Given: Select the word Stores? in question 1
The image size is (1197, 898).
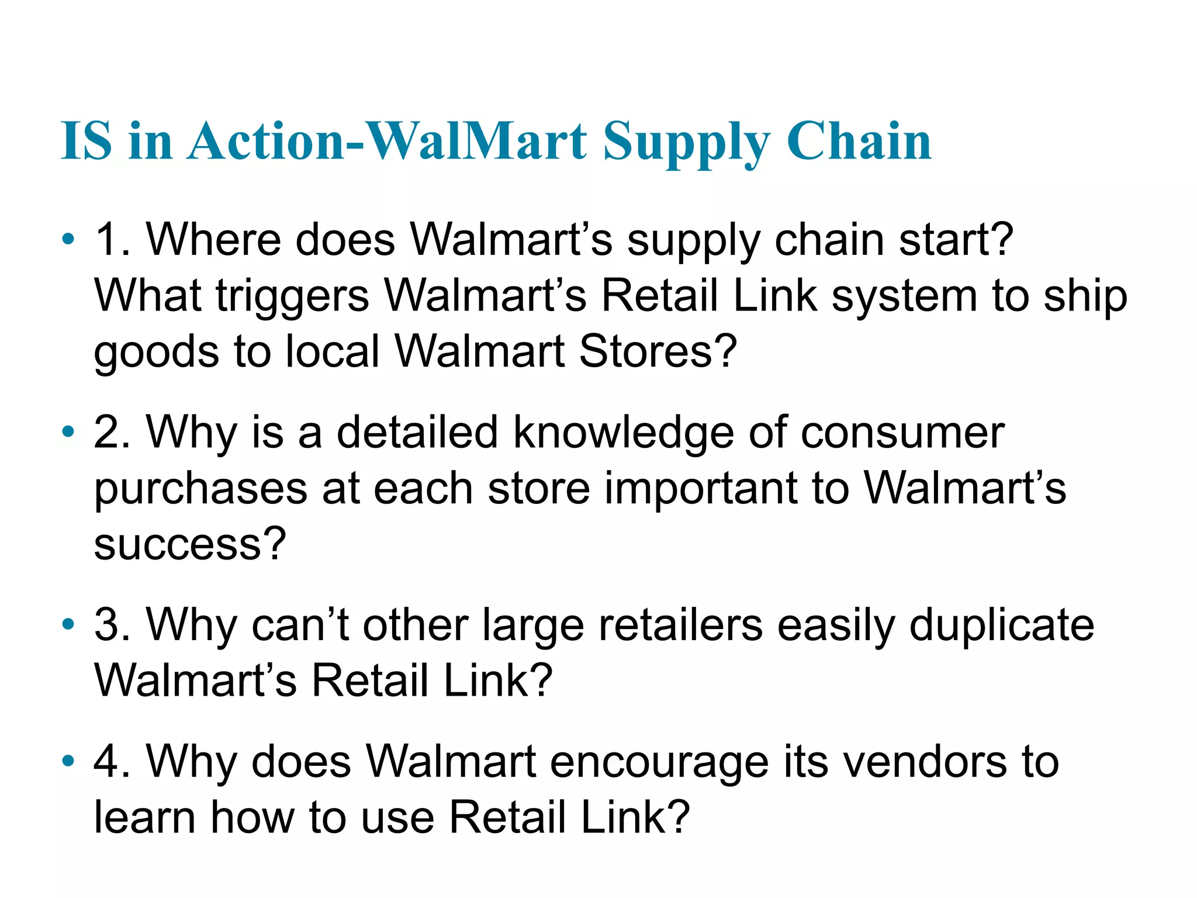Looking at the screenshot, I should click(x=658, y=351).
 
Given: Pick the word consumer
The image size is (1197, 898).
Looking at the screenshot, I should click(x=902, y=433).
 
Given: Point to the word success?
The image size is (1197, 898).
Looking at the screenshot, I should click(x=190, y=544).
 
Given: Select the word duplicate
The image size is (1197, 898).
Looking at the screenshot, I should click(x=1002, y=625).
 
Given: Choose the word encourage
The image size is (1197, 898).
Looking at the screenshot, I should click(x=659, y=762).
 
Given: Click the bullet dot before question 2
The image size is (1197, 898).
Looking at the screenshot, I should click(x=68, y=432).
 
